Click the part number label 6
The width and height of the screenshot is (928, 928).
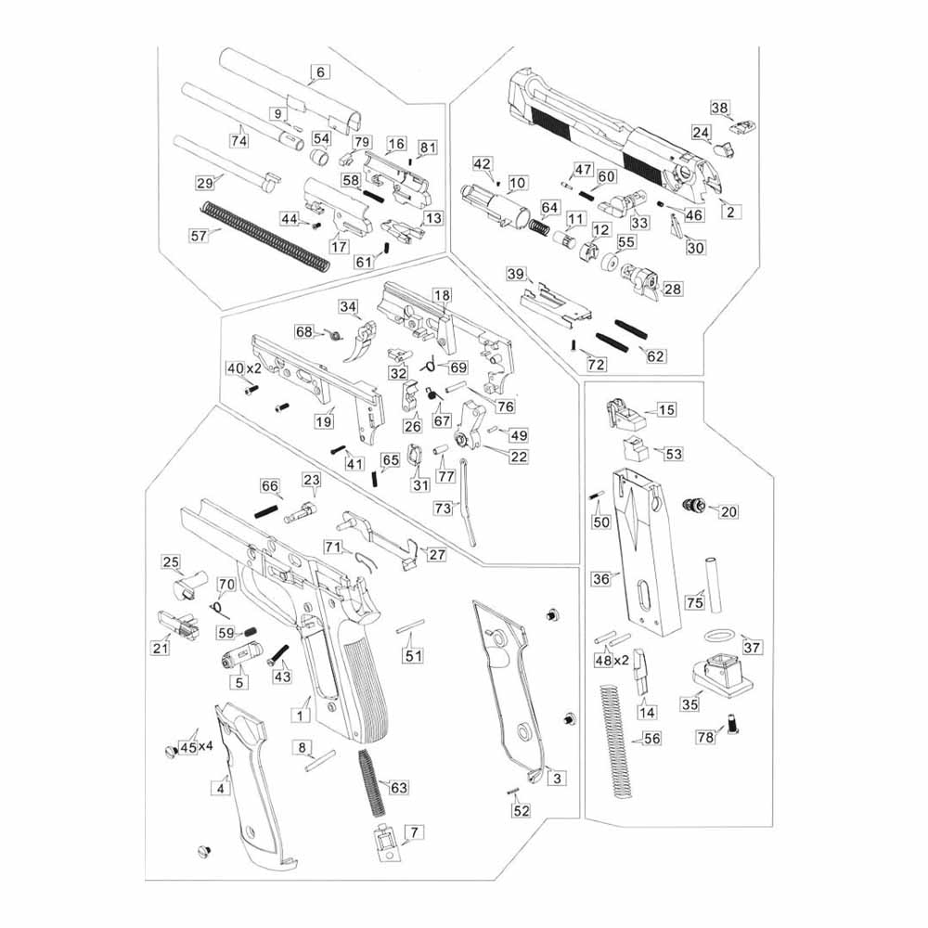click(320, 71)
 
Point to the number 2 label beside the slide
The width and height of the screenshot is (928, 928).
click(730, 213)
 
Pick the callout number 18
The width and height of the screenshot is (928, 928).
click(442, 295)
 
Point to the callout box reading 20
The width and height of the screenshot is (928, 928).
click(728, 511)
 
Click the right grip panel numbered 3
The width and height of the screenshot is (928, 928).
click(510, 687)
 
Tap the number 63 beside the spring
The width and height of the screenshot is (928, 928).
click(398, 788)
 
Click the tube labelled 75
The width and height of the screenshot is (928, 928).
click(715, 584)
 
